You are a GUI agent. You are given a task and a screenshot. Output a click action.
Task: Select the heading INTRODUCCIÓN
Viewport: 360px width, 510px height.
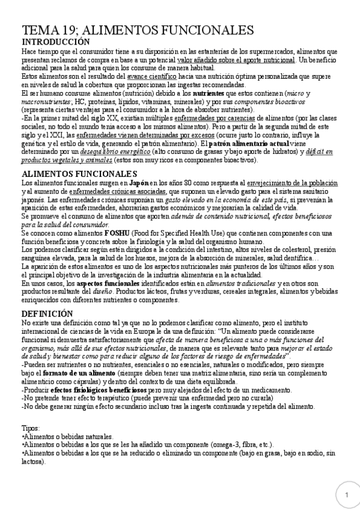pyautogui.click(x=56, y=42)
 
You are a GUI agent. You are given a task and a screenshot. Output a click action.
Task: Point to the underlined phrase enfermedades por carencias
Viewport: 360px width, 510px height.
pyautogui.click(x=197, y=120)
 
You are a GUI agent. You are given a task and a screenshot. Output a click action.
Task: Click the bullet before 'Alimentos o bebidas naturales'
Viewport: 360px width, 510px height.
pyautogui.click(x=23, y=436)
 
